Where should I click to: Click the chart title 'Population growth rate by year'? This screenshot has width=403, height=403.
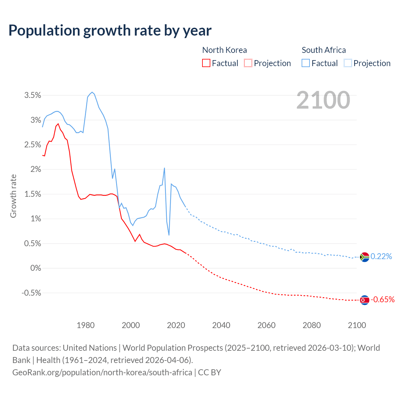coord(110,31)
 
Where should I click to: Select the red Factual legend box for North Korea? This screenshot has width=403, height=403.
coord(206,63)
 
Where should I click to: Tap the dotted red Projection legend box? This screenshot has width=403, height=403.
coord(248,63)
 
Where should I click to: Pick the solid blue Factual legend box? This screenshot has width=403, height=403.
coord(305,63)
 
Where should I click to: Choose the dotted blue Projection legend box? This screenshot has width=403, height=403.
coord(348,63)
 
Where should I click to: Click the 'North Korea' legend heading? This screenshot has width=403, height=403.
coord(224,50)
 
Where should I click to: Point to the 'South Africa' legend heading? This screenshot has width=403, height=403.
coord(324,50)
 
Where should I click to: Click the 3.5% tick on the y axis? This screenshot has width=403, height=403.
coord(33,95)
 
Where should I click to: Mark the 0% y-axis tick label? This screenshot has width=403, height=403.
coord(36,268)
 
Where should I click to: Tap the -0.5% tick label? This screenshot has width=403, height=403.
coord(31,293)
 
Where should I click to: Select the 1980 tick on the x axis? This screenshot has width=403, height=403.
coord(86,325)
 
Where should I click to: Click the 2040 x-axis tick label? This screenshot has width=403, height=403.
coord(221,325)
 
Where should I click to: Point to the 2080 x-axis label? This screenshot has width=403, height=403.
coord(312,325)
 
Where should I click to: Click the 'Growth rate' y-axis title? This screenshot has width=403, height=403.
coord(13,196)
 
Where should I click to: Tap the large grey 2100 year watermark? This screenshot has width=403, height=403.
coord(323,100)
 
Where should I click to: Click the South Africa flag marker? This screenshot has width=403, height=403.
coord(364,257)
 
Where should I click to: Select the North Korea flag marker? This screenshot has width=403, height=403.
coord(364,300)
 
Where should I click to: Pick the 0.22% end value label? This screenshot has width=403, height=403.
coord(381,257)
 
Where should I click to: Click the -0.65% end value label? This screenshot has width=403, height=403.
coord(383,300)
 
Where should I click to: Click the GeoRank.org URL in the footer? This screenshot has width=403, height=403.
coord(102,372)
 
